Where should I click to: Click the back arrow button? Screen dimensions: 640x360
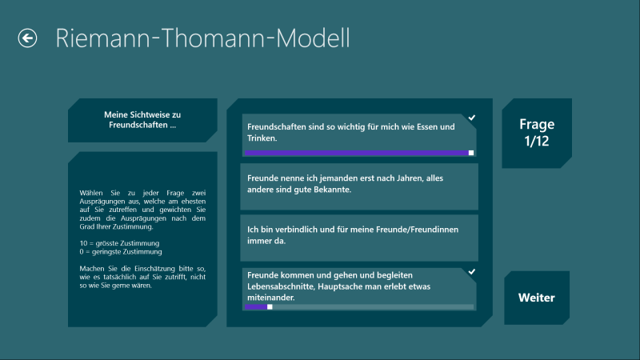pyautogui.click(x=27, y=38)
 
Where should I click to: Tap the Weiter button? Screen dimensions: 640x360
pyautogui.click(x=537, y=298)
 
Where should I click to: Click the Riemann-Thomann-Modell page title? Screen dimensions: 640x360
pyautogui.click(x=202, y=38)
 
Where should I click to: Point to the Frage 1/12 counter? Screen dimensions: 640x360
pyautogui.click(x=537, y=133)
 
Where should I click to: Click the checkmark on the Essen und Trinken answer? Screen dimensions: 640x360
pyautogui.click(x=471, y=118)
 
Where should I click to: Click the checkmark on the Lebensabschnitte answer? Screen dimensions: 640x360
pyautogui.click(x=471, y=271)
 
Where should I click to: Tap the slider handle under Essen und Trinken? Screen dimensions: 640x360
pyautogui.click(x=471, y=153)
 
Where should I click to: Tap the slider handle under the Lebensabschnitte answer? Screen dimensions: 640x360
pyautogui.click(x=270, y=307)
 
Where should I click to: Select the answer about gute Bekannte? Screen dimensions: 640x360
pyautogui.click(x=359, y=186)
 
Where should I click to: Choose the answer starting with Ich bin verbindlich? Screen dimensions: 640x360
pyautogui.click(x=359, y=238)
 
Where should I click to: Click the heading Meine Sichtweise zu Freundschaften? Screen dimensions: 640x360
pyautogui.click(x=142, y=120)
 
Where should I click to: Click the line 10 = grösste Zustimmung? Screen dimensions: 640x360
pyautogui.click(x=119, y=243)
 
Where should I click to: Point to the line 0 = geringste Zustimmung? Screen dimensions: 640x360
pyautogui.click(x=121, y=252)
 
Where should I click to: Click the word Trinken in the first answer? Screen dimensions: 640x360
pyautogui.click(x=262, y=138)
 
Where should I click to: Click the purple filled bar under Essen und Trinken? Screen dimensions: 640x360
pyautogui.click(x=357, y=153)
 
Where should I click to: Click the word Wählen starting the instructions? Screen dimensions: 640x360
pyautogui.click(x=91, y=193)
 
